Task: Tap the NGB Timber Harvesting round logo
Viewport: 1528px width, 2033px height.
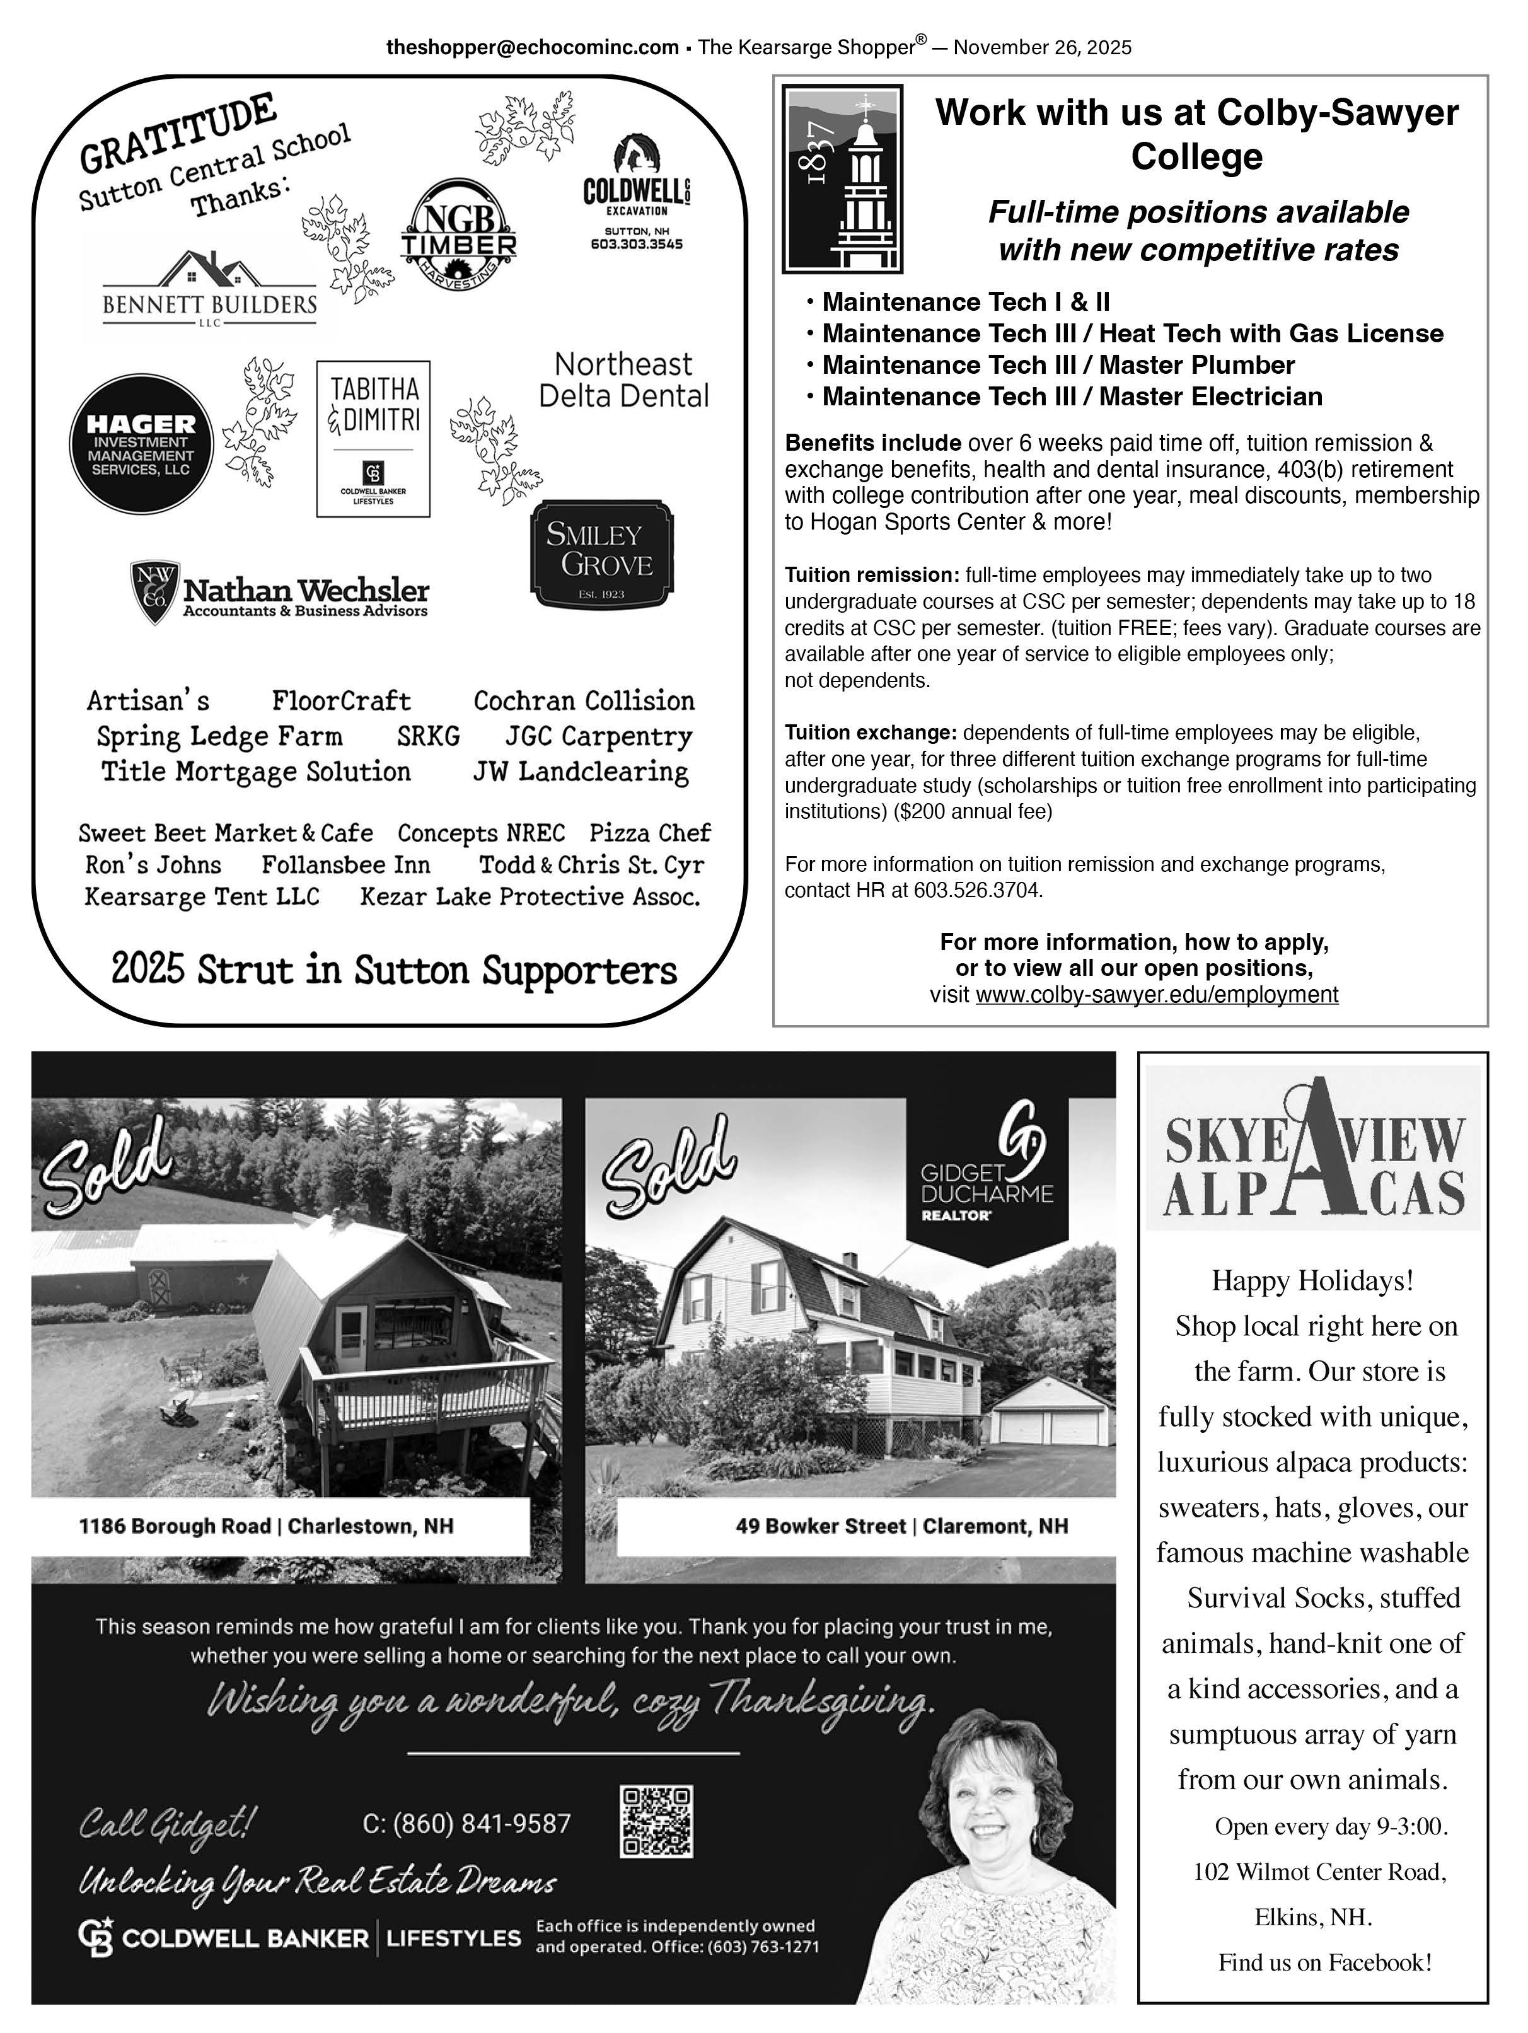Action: tap(458, 233)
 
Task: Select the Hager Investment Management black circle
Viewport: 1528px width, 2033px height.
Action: tap(141, 443)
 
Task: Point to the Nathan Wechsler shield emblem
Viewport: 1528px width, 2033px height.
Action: tap(154, 591)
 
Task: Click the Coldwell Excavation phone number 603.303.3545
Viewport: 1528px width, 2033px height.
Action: tap(636, 245)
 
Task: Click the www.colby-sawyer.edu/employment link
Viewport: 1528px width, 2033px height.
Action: tap(1156, 995)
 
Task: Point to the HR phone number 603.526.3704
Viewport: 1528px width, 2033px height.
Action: tap(978, 889)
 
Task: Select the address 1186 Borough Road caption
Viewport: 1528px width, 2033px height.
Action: tap(267, 1526)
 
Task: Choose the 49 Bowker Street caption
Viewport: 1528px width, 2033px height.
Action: tap(901, 1526)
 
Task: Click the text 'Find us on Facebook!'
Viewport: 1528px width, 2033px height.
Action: tap(1324, 1962)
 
